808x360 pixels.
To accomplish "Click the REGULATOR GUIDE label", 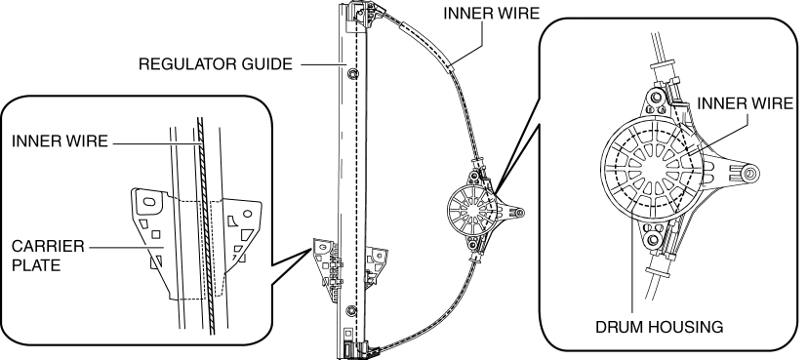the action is pyautogui.click(x=216, y=64).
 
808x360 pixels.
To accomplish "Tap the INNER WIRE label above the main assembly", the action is pyautogui.click(x=491, y=14).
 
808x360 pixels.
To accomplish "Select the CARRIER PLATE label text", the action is pyautogui.click(x=48, y=256).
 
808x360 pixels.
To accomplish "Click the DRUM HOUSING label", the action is pyautogui.click(x=659, y=327).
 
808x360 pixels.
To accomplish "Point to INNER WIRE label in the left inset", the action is pyautogui.click(x=60, y=141).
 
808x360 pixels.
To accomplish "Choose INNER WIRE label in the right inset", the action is pyautogui.click(x=746, y=103).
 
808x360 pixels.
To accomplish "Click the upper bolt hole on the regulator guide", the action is pyautogui.click(x=351, y=74).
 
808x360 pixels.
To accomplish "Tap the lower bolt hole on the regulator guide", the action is pyautogui.click(x=351, y=310).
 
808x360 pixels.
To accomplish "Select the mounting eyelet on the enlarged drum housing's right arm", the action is pyautogui.click(x=749, y=174).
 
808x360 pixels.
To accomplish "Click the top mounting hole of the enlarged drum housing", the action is pyautogui.click(x=655, y=98).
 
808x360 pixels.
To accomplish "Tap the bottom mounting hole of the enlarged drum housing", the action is pyautogui.click(x=655, y=239).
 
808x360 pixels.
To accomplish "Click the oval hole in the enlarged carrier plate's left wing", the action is pyautogui.click(x=149, y=202).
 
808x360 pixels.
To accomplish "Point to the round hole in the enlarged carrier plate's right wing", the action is pyautogui.click(x=247, y=214).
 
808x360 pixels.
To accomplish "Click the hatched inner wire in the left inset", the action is pyautogui.click(x=206, y=226).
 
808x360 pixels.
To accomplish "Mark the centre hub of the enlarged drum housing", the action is pyautogui.click(x=654, y=169).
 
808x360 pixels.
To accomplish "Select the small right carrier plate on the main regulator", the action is pyautogui.click(x=376, y=265).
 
